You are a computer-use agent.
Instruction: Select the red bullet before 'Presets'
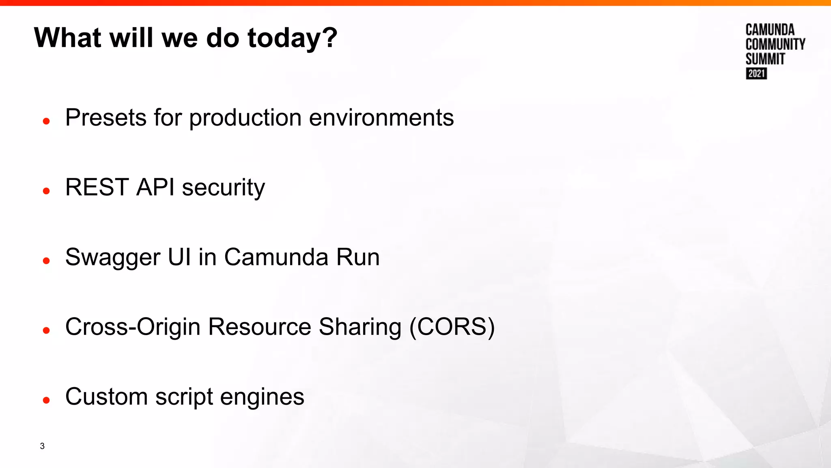tap(46, 121)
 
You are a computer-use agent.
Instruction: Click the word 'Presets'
tap(106, 118)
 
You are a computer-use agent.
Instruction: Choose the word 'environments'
tap(381, 118)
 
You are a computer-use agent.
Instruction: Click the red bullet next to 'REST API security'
tap(46, 191)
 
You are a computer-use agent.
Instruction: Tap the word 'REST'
tap(97, 187)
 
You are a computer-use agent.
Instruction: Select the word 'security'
tap(223, 188)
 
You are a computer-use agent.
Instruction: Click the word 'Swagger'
tap(113, 258)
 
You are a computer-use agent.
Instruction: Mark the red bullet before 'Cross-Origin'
tap(46, 331)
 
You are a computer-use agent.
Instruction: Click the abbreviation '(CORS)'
tap(452, 327)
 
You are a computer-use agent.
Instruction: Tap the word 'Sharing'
tap(360, 327)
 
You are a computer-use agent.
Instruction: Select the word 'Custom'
tap(106, 396)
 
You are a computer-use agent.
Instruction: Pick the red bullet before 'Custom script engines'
tap(46, 401)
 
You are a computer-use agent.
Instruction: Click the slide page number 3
tap(42, 446)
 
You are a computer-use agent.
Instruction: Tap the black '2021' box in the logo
tap(756, 74)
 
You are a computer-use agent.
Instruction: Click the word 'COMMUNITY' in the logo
tap(775, 44)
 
